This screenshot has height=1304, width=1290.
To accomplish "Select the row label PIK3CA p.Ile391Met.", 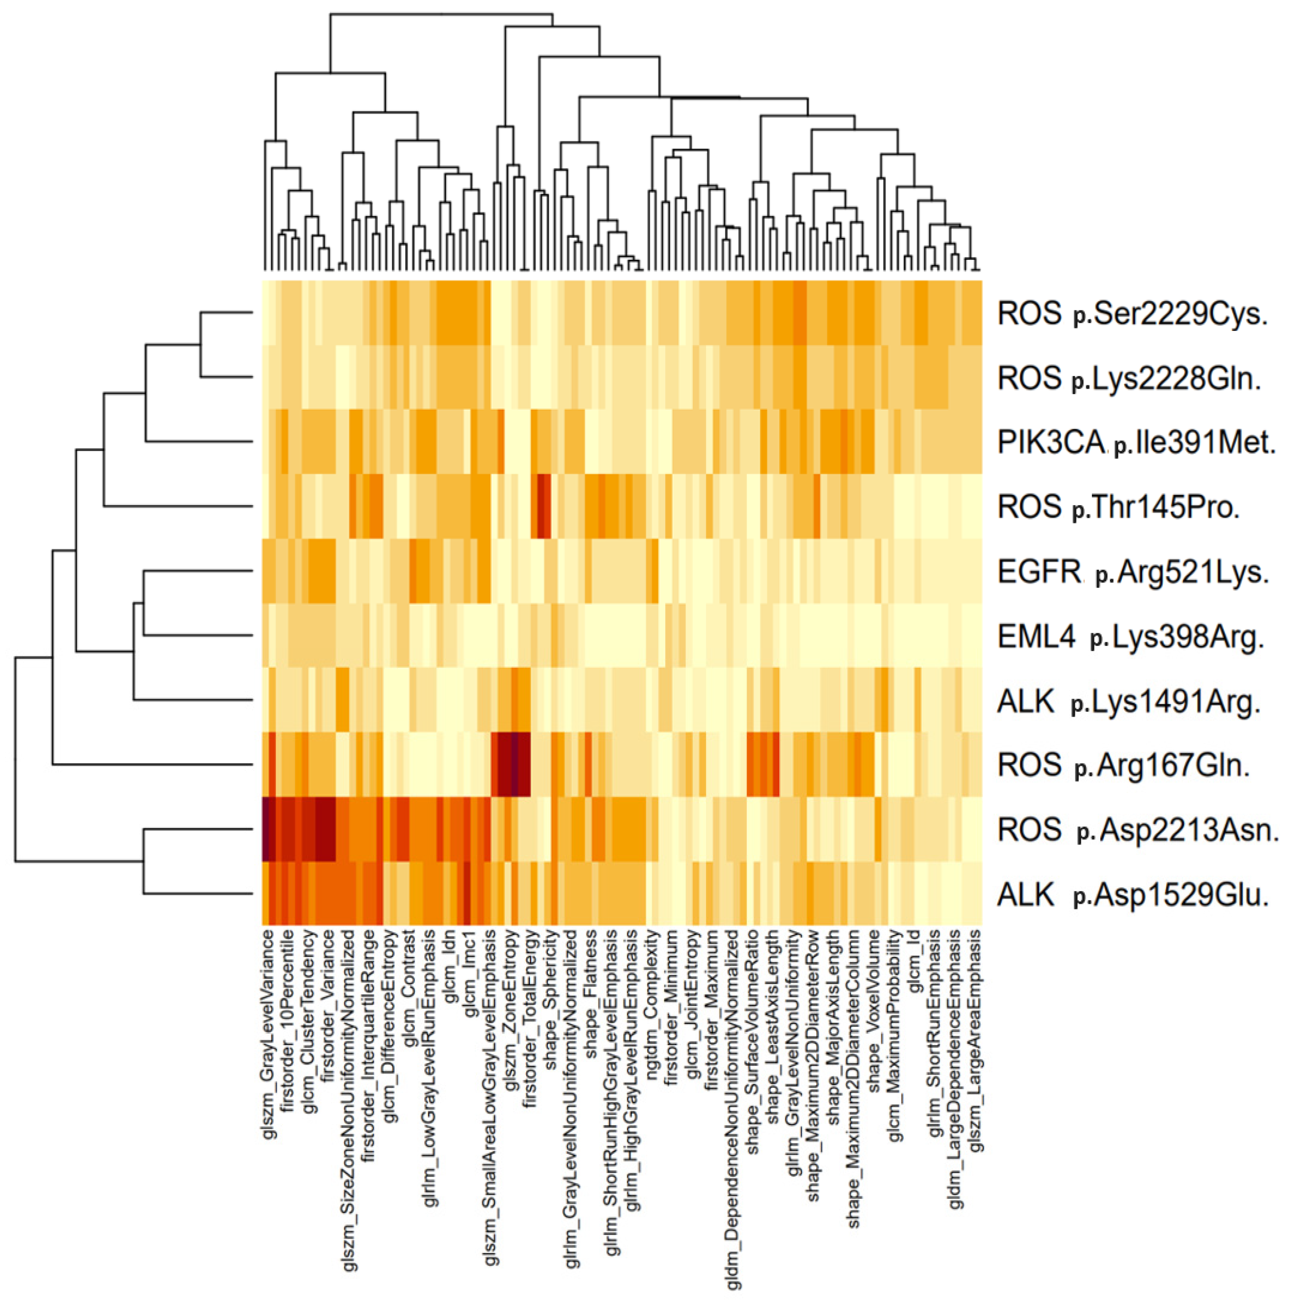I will tap(1136, 443).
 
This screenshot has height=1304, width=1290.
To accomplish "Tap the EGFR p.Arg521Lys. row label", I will tap(1132, 573).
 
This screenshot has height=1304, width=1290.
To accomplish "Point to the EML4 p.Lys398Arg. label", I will tap(1129, 637).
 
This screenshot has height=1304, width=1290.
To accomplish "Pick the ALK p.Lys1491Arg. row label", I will tap(1128, 702).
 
